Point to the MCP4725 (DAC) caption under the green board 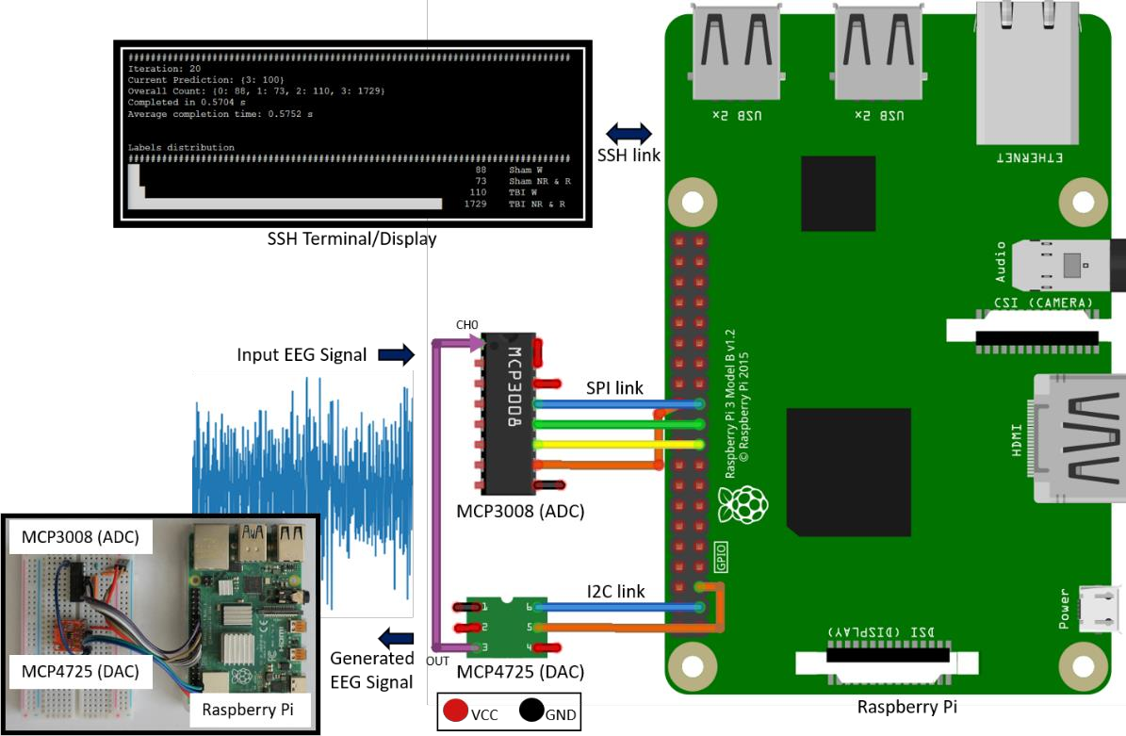pos(520,672)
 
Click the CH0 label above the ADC pos(467,325)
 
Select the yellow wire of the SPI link pos(617,444)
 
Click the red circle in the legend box pos(456,710)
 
